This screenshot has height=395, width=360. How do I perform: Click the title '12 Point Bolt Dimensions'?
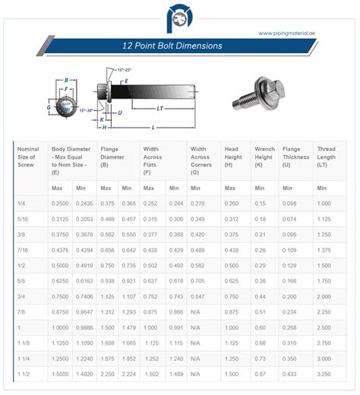172,46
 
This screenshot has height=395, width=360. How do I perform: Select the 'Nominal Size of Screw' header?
30,158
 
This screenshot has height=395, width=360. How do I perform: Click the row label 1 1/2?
24,374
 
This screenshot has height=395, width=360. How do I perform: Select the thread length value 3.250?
324,374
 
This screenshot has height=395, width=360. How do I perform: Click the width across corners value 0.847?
200,296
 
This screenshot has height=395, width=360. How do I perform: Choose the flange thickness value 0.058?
290,203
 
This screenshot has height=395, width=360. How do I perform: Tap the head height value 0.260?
232,203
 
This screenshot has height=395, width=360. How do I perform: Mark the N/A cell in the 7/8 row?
196,311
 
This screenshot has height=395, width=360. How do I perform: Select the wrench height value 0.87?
261,374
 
